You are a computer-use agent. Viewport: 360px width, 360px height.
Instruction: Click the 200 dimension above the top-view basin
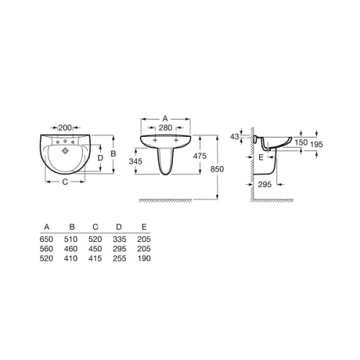point(66,127)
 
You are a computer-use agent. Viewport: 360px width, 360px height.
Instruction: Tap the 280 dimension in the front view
point(166,127)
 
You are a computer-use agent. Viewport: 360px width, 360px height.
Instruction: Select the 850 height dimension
point(217,169)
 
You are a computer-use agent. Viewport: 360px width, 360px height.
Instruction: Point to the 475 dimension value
point(199,156)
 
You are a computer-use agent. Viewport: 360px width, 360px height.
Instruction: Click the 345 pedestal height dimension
point(135,161)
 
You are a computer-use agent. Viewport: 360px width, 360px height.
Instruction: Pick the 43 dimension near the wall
point(235,137)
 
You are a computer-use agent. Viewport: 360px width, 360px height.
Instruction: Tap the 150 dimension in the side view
point(301,143)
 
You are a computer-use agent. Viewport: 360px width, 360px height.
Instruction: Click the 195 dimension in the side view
point(317,145)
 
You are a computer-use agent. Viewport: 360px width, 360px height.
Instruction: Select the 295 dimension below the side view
point(265,184)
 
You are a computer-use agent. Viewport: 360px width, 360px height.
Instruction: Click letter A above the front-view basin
point(165,118)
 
